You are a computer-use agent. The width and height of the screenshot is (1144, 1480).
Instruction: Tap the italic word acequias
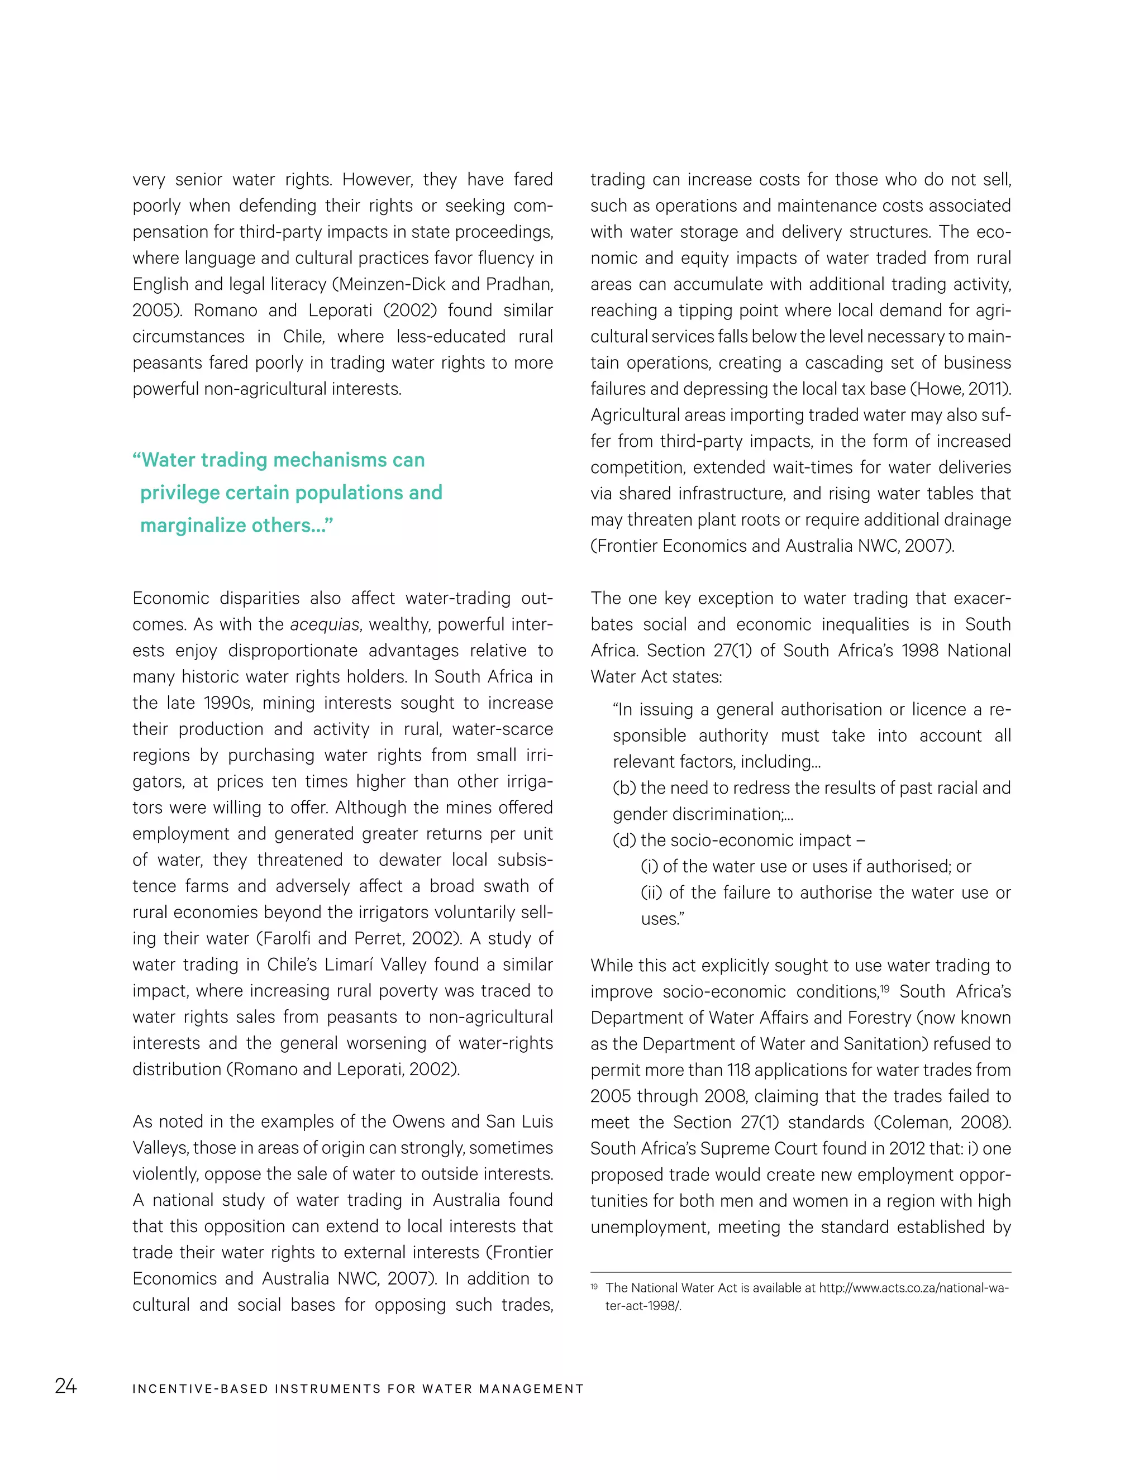pos(324,625)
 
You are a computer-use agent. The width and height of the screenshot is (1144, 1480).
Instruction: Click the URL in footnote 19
pos(913,1287)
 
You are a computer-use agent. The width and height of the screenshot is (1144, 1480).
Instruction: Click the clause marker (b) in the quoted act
pos(624,788)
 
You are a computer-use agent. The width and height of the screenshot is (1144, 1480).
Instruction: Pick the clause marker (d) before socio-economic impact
pos(624,841)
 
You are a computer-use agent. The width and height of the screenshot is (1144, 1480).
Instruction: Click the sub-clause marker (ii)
pos(652,893)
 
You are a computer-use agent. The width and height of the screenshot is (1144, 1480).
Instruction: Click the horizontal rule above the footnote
pos(800,1272)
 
